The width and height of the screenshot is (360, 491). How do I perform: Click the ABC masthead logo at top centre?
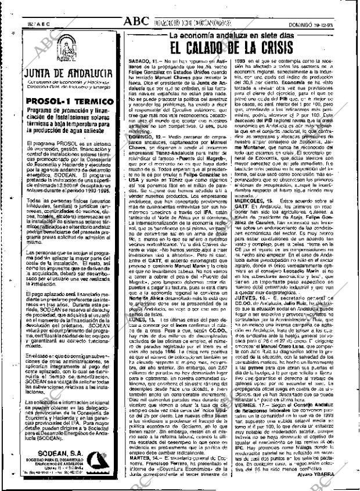coord(139,22)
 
